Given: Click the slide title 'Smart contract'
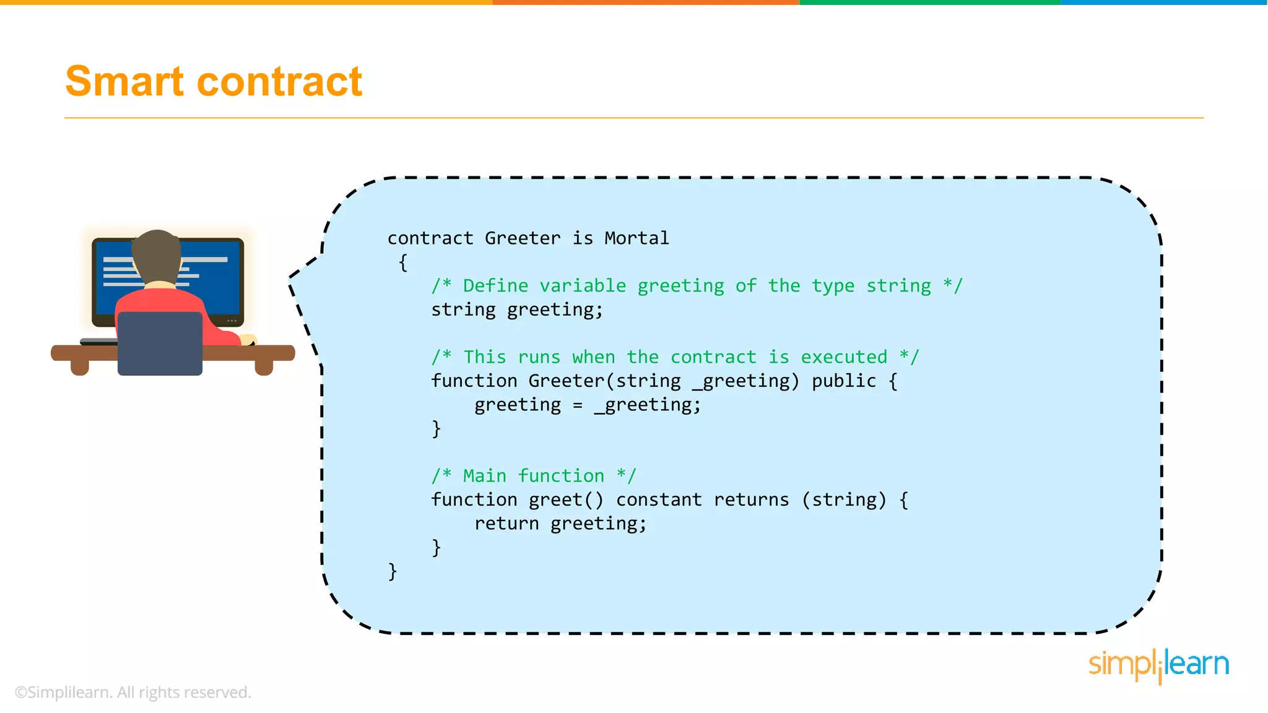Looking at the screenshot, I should click(214, 82).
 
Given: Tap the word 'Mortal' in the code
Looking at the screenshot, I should click(636, 238).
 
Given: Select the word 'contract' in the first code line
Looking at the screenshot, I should click(430, 238).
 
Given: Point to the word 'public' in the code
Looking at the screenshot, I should click(844, 381).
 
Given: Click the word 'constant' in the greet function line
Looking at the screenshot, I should click(659, 499).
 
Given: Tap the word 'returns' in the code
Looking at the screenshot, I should click(751, 499).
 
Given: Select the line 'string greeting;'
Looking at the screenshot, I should click(517, 309).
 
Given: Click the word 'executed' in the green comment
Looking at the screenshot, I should click(844, 357).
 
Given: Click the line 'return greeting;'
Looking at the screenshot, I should click(560, 524).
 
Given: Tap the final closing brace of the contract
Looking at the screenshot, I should click(393, 571).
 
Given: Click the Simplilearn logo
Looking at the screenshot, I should click(1158, 665).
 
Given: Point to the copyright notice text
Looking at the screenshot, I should click(133, 693).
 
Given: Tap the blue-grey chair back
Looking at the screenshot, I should click(160, 344).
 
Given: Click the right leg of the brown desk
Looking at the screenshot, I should click(264, 366).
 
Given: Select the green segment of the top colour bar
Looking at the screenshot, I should click(930, 2).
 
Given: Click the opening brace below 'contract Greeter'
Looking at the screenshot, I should click(403, 262).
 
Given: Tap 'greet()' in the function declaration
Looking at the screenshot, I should click(565, 499).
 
